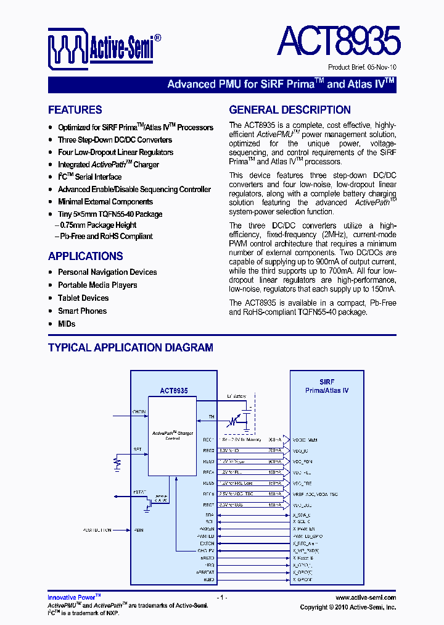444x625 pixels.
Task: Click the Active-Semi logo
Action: coord(105,49)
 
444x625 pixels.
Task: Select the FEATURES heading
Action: coord(75,110)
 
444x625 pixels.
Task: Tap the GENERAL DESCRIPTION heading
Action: coord(290,110)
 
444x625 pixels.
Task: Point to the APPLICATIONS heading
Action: coord(86,256)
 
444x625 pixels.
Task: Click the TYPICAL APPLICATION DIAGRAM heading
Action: coord(131,348)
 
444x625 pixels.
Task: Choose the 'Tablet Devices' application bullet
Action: coord(83,298)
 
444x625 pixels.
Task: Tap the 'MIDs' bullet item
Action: coord(67,324)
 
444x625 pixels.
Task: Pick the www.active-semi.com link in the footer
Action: coord(366,598)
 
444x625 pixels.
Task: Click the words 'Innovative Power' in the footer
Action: coord(72,598)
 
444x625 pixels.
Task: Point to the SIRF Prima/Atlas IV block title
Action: coord(327,386)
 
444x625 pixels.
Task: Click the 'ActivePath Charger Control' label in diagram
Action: coord(173,435)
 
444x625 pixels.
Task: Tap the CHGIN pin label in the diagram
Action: coord(139,411)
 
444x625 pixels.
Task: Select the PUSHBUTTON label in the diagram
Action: coord(97,530)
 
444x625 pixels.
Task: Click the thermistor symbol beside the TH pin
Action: coord(232,421)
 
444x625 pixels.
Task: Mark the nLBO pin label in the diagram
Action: coord(210,579)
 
